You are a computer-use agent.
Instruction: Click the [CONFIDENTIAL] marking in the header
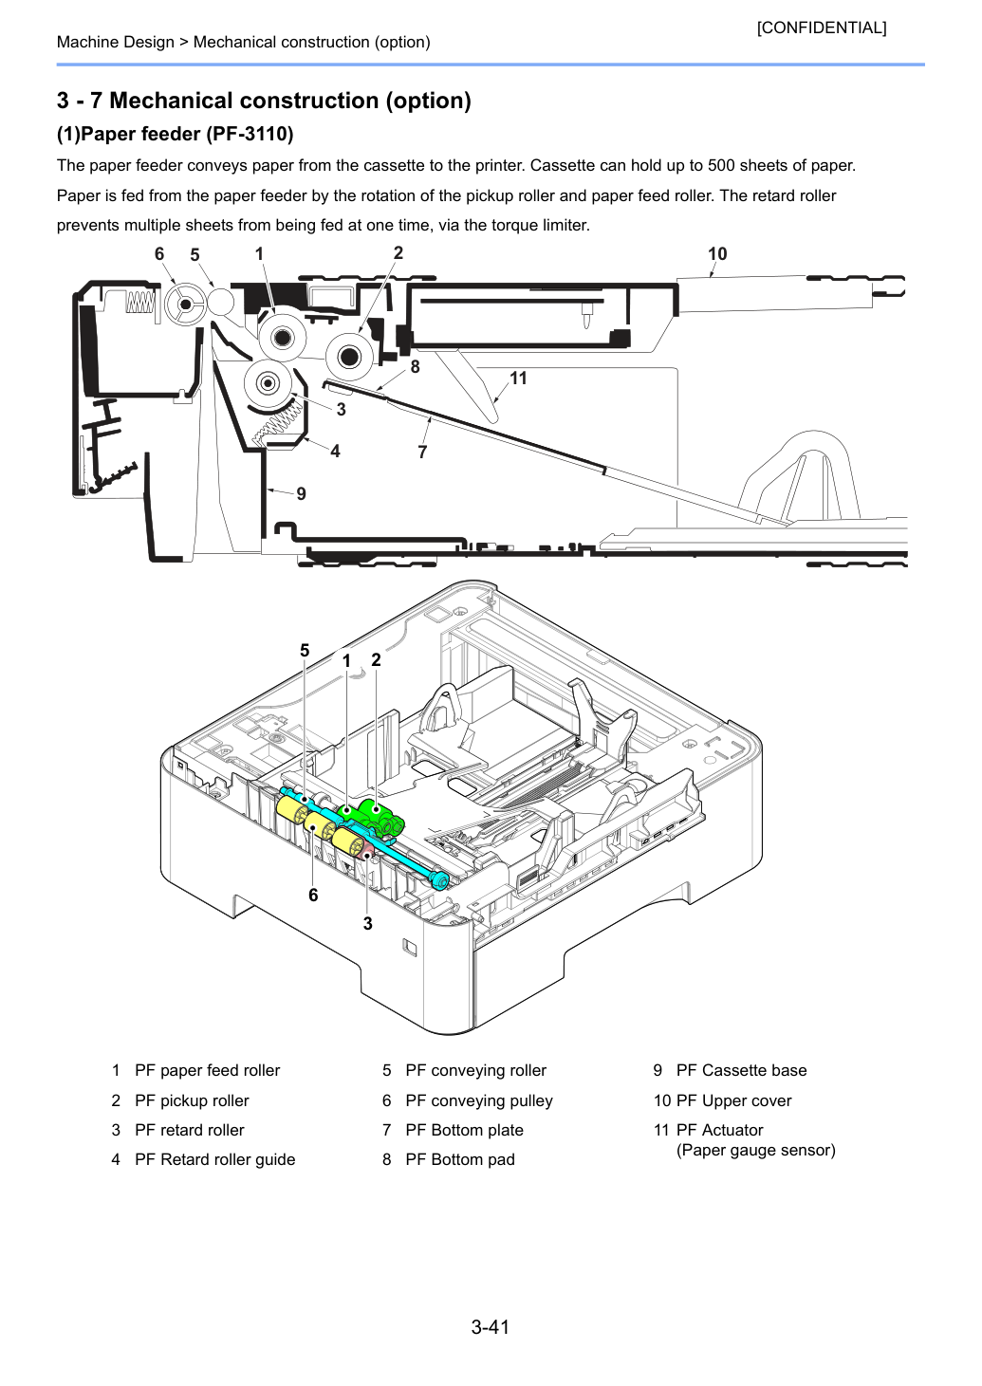click(x=821, y=28)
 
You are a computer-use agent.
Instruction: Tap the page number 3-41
click(x=491, y=1327)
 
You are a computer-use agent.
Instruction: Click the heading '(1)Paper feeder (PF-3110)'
click(x=176, y=134)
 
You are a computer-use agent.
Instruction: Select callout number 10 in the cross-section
click(x=717, y=253)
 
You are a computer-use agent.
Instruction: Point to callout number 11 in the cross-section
click(x=518, y=379)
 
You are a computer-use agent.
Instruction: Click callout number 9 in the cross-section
click(x=302, y=493)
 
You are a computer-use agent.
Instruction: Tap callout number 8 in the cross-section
click(x=415, y=367)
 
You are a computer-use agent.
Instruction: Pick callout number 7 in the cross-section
click(x=422, y=453)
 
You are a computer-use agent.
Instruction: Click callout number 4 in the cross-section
click(x=335, y=451)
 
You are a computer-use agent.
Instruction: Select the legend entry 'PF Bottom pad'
click(x=460, y=1159)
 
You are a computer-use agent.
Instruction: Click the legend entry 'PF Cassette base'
click(x=741, y=1070)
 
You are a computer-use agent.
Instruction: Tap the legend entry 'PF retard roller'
click(x=190, y=1130)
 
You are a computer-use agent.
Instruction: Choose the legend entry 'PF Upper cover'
click(x=733, y=1100)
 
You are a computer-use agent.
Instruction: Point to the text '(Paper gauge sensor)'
click(x=755, y=1150)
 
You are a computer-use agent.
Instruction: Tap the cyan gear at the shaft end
click(x=440, y=879)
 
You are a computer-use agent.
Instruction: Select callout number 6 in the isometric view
click(x=313, y=895)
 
